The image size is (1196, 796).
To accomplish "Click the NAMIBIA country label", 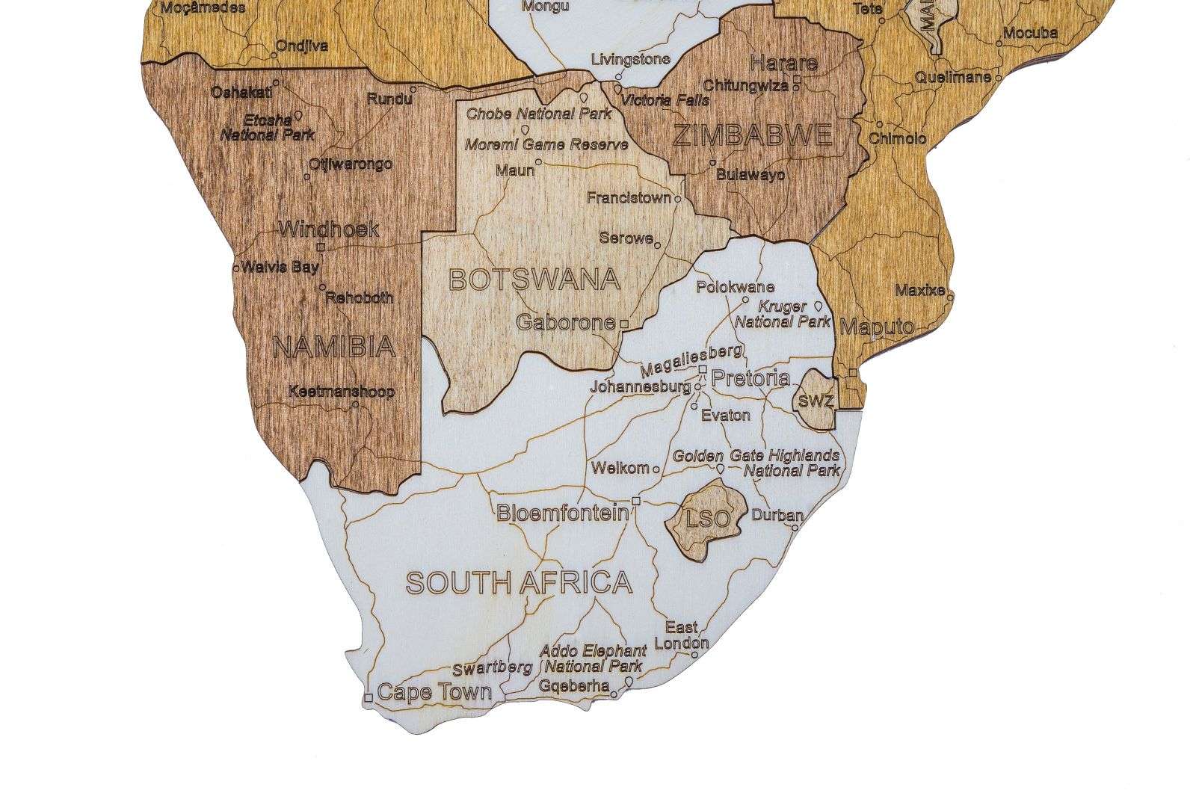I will pyautogui.click(x=333, y=347).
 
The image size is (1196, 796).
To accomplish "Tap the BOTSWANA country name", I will pyautogui.click(x=534, y=280).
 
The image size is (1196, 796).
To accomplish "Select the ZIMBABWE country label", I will pyautogui.click(x=752, y=136).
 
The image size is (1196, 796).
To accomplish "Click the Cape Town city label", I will pyautogui.click(x=434, y=692).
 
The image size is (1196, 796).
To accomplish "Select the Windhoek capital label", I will pyautogui.click(x=329, y=229).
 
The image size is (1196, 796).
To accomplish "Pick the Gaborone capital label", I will pyautogui.click(x=567, y=323).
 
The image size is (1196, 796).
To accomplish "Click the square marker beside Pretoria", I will pyautogui.click(x=703, y=369).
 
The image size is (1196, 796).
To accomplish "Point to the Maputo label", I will pyautogui.click(x=877, y=327).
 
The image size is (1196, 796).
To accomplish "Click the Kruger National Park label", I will pyautogui.click(x=782, y=315).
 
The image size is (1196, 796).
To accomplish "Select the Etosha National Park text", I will pyautogui.click(x=268, y=127).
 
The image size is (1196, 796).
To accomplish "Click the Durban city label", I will pyautogui.click(x=777, y=515).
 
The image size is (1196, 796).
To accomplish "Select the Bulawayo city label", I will pyautogui.click(x=750, y=175).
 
